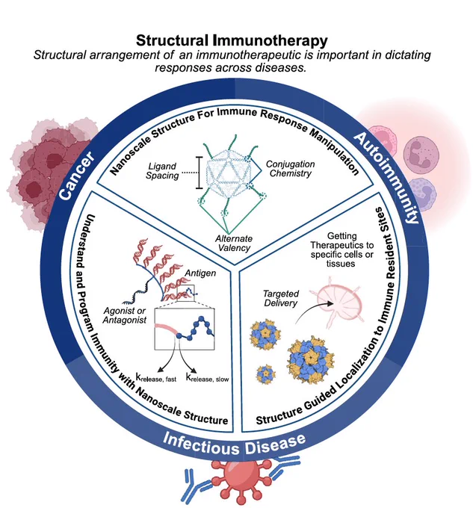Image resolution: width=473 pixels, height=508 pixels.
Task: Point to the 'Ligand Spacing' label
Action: pos(163,170)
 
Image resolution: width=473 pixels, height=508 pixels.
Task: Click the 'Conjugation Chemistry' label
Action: pos(290,170)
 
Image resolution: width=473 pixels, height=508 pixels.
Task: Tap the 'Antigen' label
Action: pos(200,274)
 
